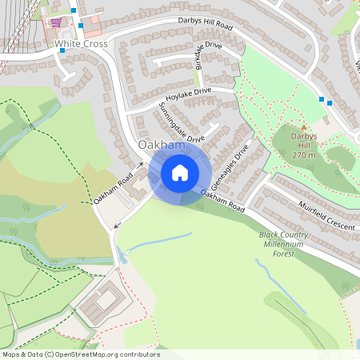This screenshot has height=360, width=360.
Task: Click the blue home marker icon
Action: [x=179, y=172]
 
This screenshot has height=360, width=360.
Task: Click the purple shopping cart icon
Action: [x=56, y=22]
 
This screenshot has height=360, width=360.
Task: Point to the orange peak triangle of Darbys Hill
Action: [x=304, y=125]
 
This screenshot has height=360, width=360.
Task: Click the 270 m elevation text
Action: [x=304, y=154]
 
